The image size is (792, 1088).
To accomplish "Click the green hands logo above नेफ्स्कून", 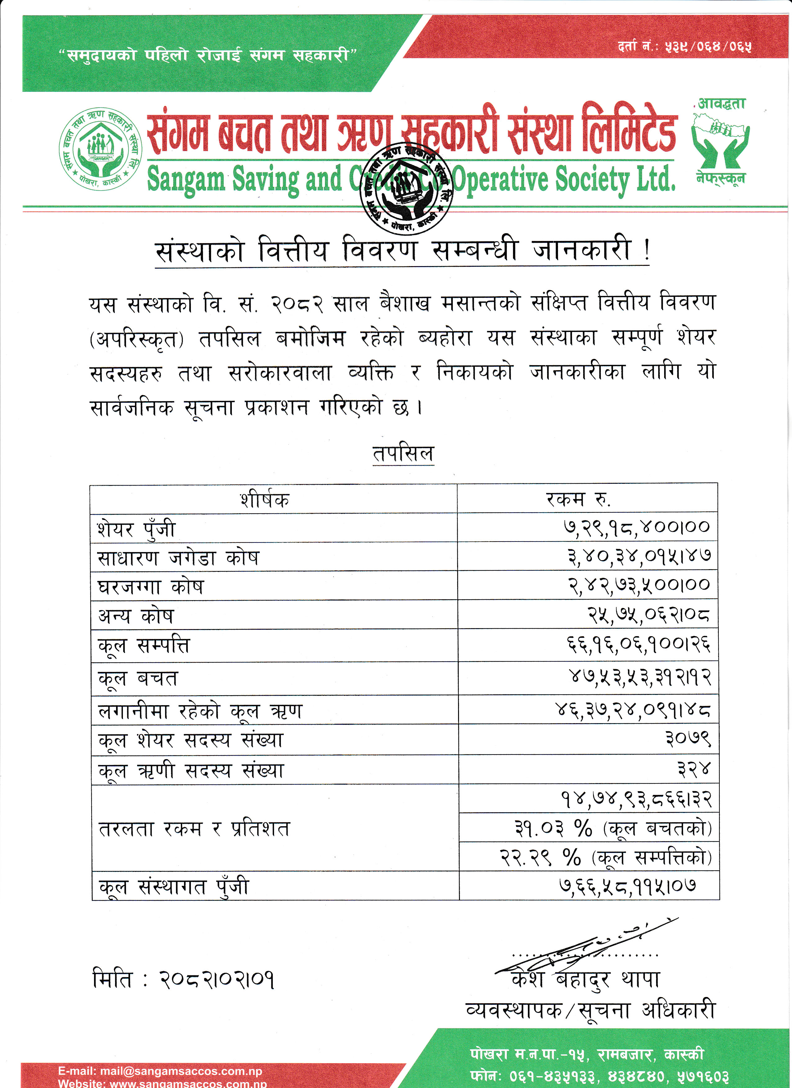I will (720, 142).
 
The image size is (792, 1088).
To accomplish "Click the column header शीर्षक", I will (265, 499).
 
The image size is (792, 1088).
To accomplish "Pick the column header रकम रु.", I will (578, 499).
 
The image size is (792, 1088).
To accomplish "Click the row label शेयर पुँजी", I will (137, 529).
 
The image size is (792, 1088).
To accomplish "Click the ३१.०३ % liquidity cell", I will (613, 827).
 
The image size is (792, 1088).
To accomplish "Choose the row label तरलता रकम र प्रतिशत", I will (194, 828).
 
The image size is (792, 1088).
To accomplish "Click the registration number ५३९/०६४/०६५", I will (708, 47).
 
